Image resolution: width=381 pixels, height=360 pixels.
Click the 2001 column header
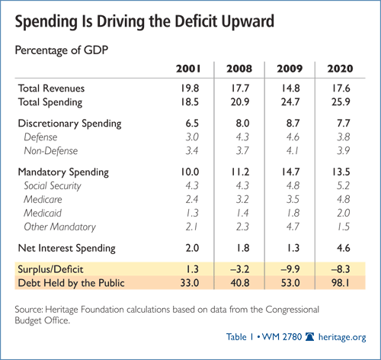point(188,69)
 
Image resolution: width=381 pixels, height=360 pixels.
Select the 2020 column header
point(340,69)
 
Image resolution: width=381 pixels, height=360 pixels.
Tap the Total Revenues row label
point(51,88)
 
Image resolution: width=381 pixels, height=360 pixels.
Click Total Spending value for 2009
point(290,102)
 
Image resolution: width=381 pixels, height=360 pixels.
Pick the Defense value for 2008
point(242,137)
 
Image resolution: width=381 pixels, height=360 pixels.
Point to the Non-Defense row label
point(51,151)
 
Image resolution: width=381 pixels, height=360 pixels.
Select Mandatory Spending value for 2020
point(341,172)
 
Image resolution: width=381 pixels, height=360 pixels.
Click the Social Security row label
point(53,186)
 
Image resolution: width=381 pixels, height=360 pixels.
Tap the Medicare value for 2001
point(192,199)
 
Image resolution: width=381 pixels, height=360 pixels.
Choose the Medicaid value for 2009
point(293,213)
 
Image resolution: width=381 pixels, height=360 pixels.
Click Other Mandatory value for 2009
point(293,227)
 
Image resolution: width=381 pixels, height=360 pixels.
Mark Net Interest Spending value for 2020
point(344,248)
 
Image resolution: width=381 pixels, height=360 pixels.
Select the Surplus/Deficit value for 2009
point(290,269)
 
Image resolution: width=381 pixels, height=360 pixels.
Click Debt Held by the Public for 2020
point(341,283)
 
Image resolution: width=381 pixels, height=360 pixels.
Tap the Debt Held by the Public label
point(71,283)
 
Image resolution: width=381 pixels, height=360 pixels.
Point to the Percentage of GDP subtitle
point(62,50)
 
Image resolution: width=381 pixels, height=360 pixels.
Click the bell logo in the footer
point(310,337)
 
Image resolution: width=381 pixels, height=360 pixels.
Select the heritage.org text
point(342,337)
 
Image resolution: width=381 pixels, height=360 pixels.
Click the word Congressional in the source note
point(292,310)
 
